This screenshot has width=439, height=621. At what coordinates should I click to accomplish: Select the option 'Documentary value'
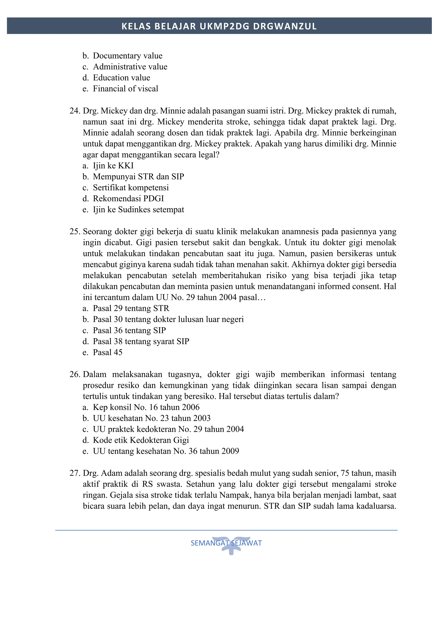[127, 56]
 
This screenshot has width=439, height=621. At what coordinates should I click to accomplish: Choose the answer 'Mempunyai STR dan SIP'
[138, 177]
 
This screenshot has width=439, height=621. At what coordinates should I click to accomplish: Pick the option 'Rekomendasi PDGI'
[128, 198]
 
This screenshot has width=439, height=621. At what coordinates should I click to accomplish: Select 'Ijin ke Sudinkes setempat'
[138, 210]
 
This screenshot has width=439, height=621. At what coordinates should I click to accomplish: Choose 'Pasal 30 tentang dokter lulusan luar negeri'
[168, 319]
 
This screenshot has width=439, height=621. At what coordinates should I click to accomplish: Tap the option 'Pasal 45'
[107, 352]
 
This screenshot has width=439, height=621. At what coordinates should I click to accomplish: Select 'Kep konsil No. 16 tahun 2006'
[146, 407]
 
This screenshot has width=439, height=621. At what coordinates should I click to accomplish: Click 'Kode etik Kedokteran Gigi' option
[141, 440]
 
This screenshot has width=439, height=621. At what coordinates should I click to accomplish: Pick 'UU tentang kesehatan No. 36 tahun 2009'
[166, 451]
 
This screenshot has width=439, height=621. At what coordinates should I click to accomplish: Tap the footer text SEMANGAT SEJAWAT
[226, 543]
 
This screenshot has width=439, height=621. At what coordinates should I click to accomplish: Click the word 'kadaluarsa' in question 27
[376, 506]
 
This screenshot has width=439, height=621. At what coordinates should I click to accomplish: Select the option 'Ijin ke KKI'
[113, 165]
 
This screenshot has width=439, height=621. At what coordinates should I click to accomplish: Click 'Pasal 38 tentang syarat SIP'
[141, 341]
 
